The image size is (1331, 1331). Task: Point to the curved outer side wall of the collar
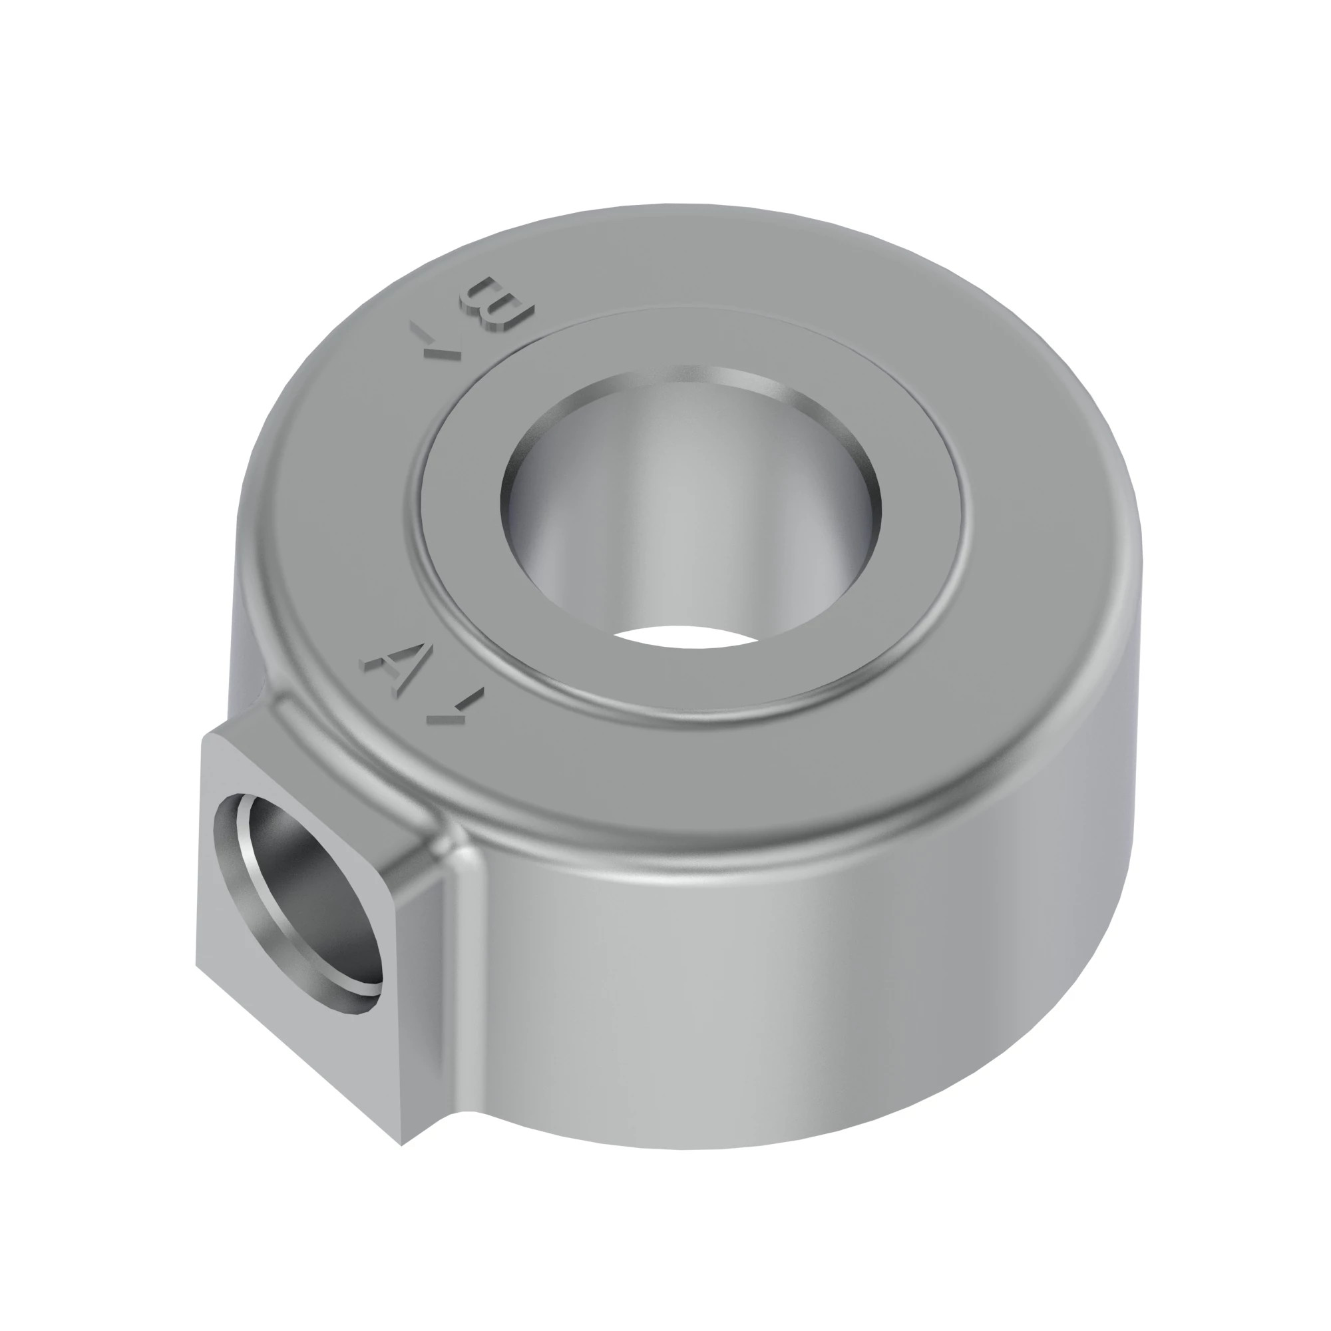792,999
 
